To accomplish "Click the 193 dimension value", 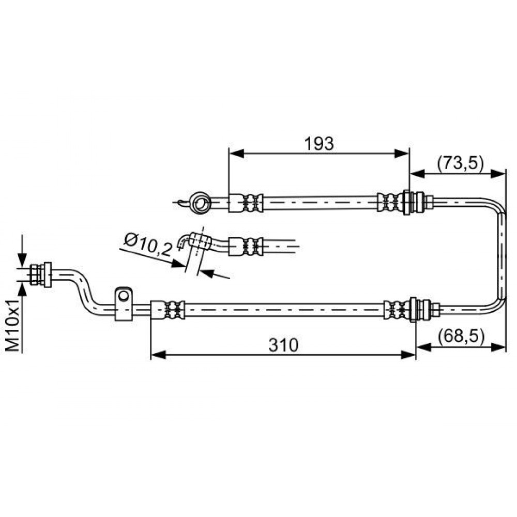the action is click(x=319, y=144).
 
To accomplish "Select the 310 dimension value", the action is click(x=283, y=345).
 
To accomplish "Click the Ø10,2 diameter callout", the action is click(x=148, y=246).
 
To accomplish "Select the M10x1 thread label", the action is click(x=13, y=325).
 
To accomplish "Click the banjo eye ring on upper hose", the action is click(x=200, y=203).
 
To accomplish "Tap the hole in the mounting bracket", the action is click(x=124, y=296).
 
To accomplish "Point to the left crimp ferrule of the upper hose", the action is click(x=246, y=203).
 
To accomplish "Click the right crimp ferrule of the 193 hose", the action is click(x=391, y=202).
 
